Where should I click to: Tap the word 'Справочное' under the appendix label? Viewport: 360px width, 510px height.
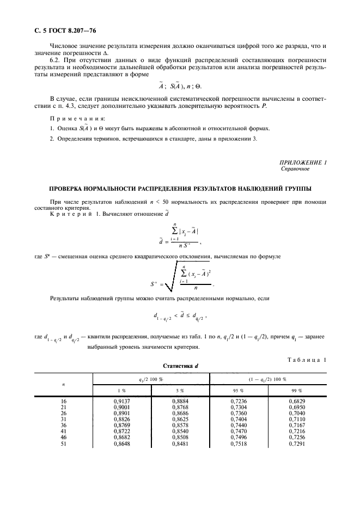click(295, 169)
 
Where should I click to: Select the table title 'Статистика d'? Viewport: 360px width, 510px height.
click(180, 367)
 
